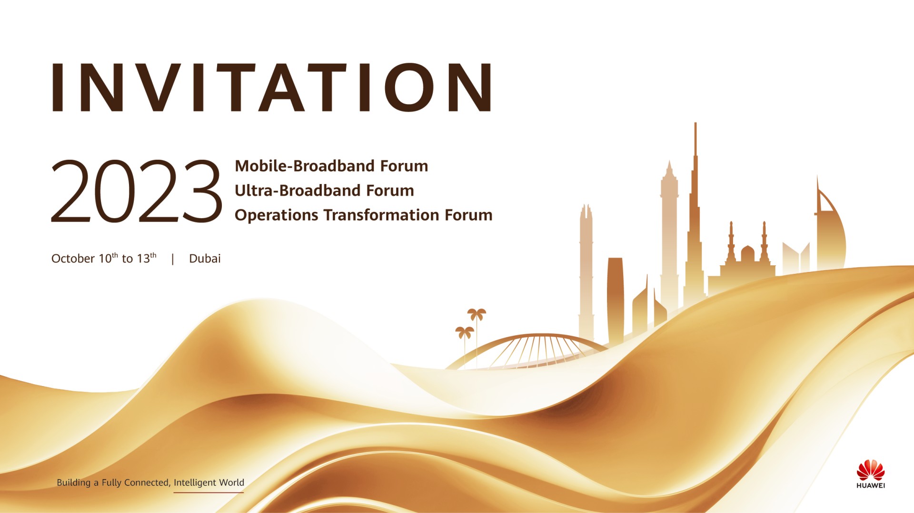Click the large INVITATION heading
(x=271, y=87)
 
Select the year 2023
(x=136, y=192)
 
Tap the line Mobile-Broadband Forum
(x=331, y=166)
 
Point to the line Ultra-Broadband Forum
(x=324, y=191)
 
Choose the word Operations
(x=277, y=216)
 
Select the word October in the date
(x=73, y=259)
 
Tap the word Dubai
(x=205, y=259)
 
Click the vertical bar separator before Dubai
(x=173, y=259)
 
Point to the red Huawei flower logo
(x=871, y=470)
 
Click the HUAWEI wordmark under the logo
(x=871, y=485)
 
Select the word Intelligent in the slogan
(x=195, y=483)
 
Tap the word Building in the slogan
(x=73, y=483)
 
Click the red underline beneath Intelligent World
(x=209, y=492)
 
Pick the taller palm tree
(x=477, y=333)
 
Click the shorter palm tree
(x=465, y=342)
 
